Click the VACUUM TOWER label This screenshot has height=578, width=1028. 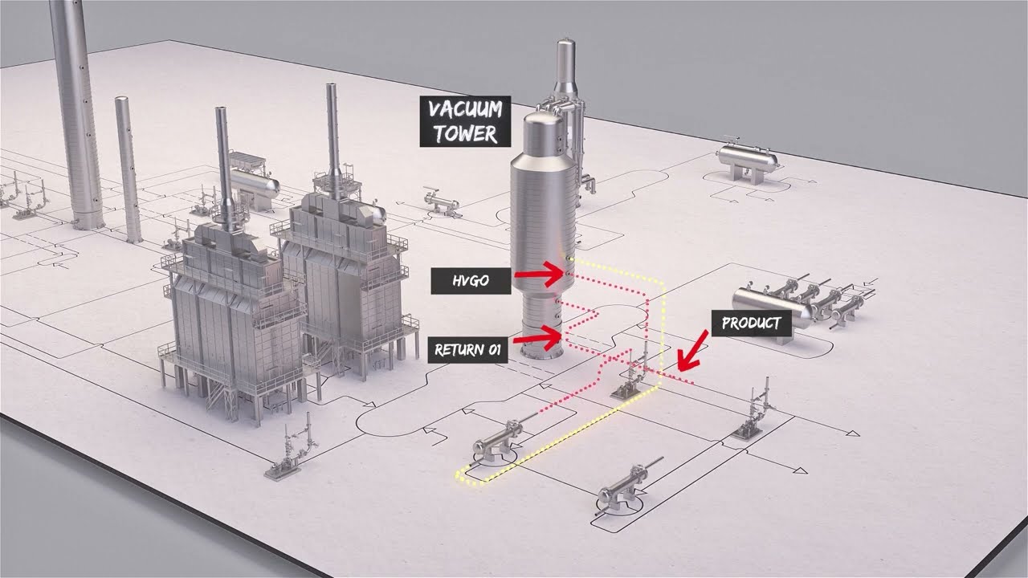(x=464, y=122)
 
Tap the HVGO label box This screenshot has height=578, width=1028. (x=470, y=279)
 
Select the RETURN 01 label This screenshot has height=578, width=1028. (x=468, y=350)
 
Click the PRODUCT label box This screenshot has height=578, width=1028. (x=751, y=324)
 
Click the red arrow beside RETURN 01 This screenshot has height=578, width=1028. (x=540, y=339)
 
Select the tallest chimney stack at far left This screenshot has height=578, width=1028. (x=77, y=112)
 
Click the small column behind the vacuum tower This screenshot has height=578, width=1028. (x=566, y=88)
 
